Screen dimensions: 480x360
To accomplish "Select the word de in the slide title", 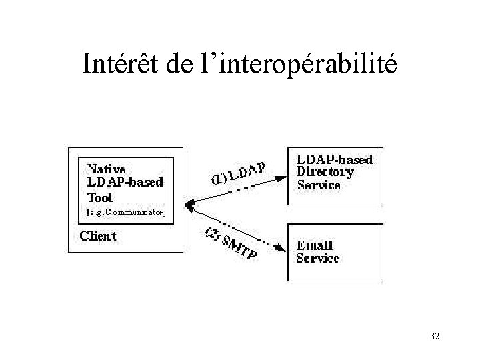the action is point(181,64).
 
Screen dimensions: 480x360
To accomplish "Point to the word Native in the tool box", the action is point(106,169).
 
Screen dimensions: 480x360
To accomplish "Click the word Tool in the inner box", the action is point(100,197).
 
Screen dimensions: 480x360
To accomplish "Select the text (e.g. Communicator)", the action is point(126,213).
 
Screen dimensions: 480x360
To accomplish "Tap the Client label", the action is point(97,235).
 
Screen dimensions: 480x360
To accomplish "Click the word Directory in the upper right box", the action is point(325,172).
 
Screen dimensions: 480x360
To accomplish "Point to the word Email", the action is point(315,246).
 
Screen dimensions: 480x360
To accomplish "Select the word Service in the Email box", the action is point(318,258).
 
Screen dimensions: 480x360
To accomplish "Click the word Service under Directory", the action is point(319,185).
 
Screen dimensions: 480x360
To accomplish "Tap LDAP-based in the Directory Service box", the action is point(334,159).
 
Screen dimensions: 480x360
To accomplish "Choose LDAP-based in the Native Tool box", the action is point(125,182).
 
